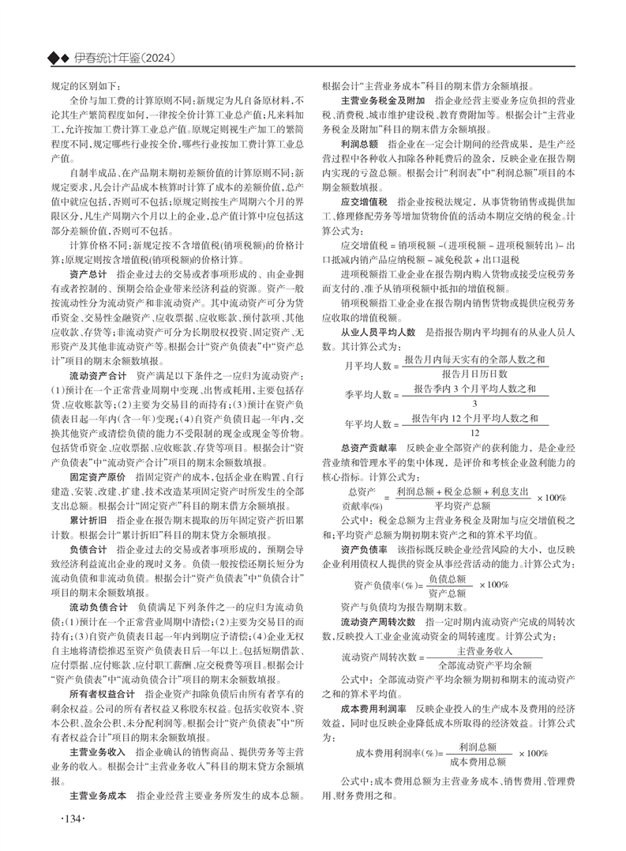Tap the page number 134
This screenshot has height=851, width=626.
click(69, 817)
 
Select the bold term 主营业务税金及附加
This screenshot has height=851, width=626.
click(382, 102)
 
